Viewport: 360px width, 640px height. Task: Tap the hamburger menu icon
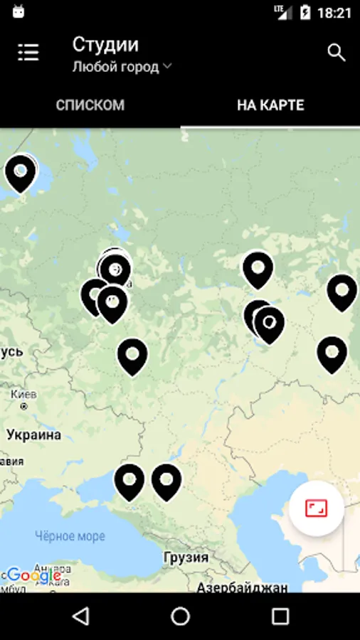click(x=28, y=52)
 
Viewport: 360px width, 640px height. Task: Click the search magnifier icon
click(x=336, y=52)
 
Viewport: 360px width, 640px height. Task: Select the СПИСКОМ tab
click(x=90, y=105)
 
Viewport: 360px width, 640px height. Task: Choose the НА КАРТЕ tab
click(x=270, y=105)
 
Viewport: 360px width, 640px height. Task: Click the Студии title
click(x=105, y=44)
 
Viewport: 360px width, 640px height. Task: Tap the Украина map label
click(x=33, y=434)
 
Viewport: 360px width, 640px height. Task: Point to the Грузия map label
click(x=186, y=557)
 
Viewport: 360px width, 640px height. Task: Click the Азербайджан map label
click(x=242, y=587)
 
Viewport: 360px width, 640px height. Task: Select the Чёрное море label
click(x=70, y=536)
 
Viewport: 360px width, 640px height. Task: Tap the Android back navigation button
click(x=81, y=616)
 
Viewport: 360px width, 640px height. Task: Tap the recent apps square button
click(x=280, y=616)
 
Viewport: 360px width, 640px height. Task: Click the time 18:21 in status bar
click(x=334, y=13)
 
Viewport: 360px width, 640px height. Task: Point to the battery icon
click(x=305, y=13)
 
